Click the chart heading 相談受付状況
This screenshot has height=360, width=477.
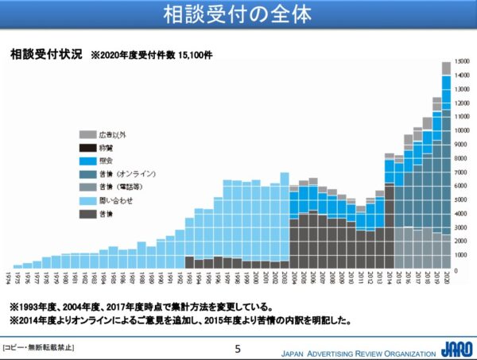[46, 56]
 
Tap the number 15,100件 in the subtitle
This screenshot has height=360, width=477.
[196, 56]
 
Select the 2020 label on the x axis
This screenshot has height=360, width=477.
[447, 280]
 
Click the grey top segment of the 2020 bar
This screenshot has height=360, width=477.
[447, 68]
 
